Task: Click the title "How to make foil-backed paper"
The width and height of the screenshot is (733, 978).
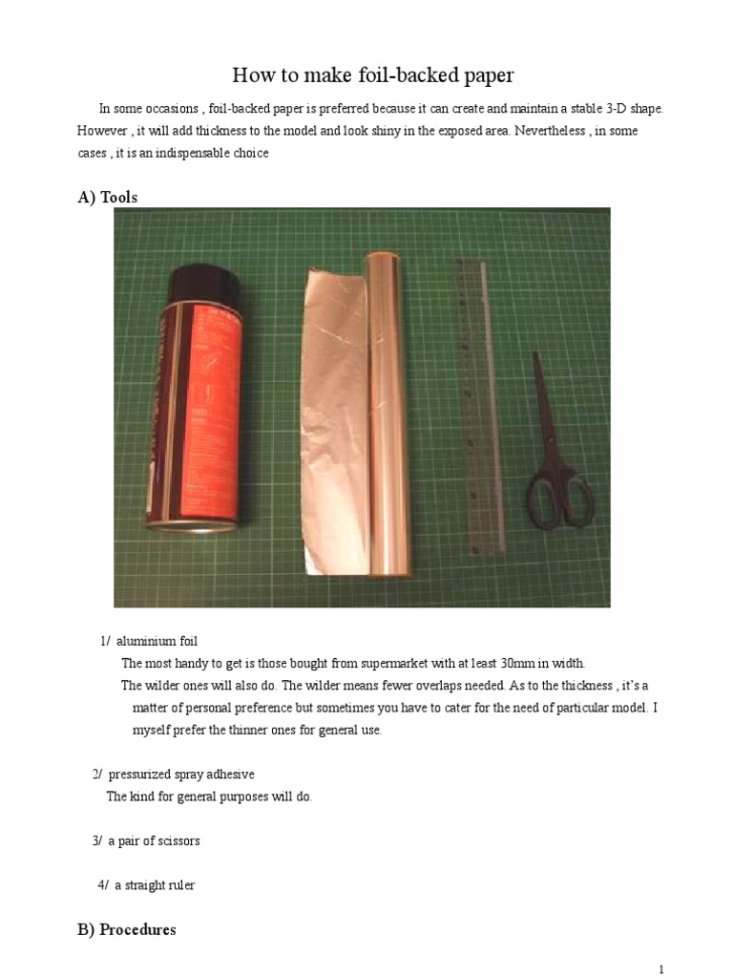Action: [366, 75]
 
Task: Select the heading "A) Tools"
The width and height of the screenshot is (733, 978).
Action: [107, 197]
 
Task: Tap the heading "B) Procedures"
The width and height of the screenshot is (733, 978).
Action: [126, 929]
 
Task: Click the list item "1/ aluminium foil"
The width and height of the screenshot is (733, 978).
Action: [149, 641]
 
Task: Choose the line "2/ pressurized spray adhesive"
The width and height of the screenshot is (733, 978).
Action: [173, 774]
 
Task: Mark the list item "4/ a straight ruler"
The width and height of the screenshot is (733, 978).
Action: [146, 885]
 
